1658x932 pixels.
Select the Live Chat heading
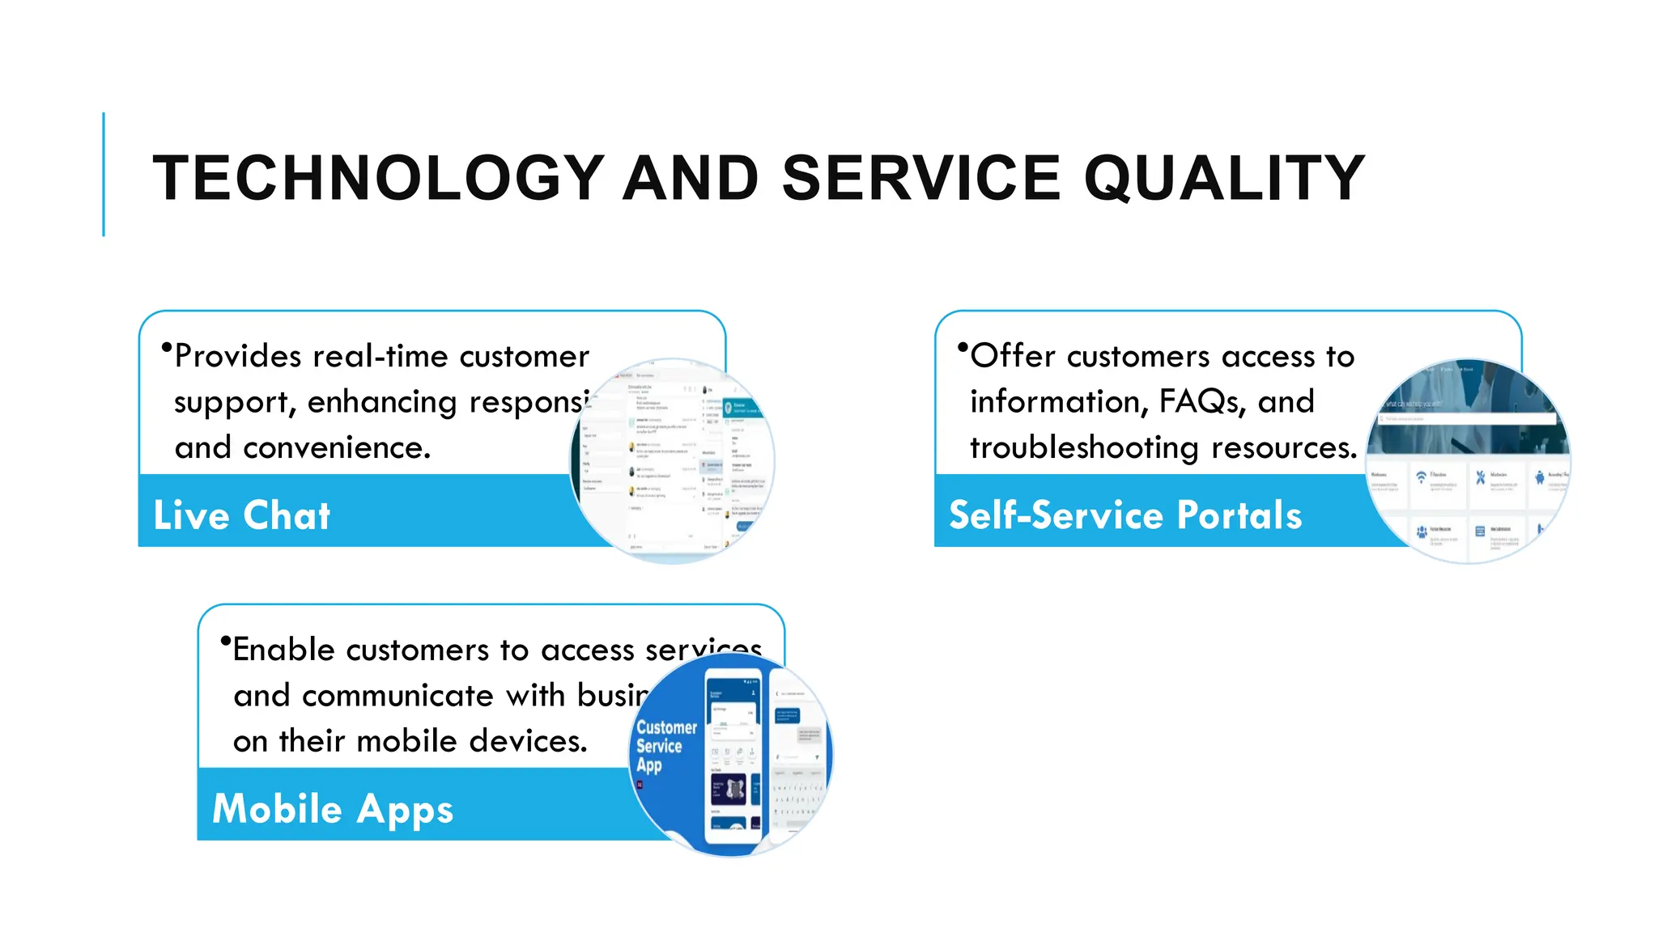(x=242, y=515)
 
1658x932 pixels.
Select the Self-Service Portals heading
(x=1125, y=515)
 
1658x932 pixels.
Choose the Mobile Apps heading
(x=333, y=809)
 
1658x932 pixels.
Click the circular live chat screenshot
(x=672, y=461)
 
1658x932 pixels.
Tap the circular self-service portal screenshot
(x=1467, y=461)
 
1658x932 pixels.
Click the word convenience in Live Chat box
(x=336, y=447)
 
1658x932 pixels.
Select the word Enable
(x=283, y=650)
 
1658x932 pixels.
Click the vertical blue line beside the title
(x=104, y=174)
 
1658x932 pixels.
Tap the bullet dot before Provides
(x=167, y=348)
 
